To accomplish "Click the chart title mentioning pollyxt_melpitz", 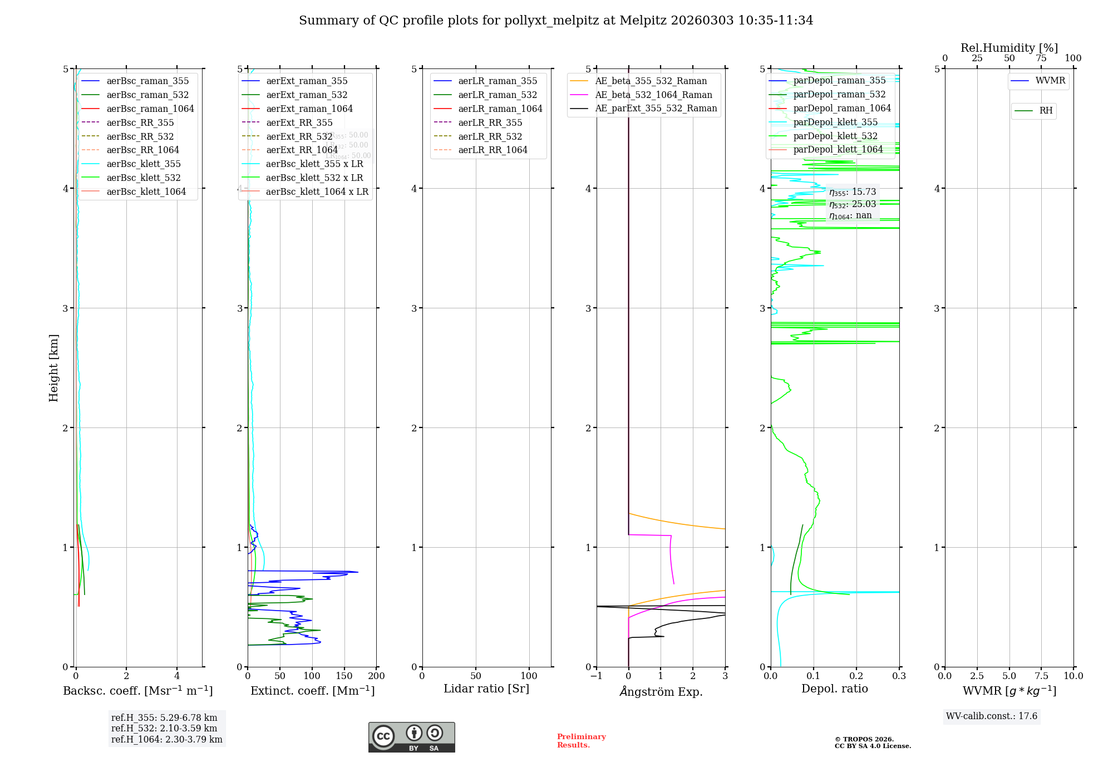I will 556,21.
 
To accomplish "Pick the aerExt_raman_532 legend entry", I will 307,95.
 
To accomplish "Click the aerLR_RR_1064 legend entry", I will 493,150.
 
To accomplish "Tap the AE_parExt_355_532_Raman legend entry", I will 656,108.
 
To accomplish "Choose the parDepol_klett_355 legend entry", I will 835,122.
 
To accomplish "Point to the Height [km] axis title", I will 53,367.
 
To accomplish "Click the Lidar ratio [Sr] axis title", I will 486,689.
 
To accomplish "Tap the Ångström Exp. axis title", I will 661,691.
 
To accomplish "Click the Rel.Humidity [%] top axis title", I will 1009,48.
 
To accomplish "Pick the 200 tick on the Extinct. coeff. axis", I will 376,676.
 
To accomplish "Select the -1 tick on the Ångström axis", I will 596,676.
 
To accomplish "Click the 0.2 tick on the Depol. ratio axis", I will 856,676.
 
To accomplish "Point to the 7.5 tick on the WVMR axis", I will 1041,676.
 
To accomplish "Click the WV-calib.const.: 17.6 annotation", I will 992,716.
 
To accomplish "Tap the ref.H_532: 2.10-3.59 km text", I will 164,728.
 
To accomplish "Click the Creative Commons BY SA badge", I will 411,737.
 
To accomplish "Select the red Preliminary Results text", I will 581,740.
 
